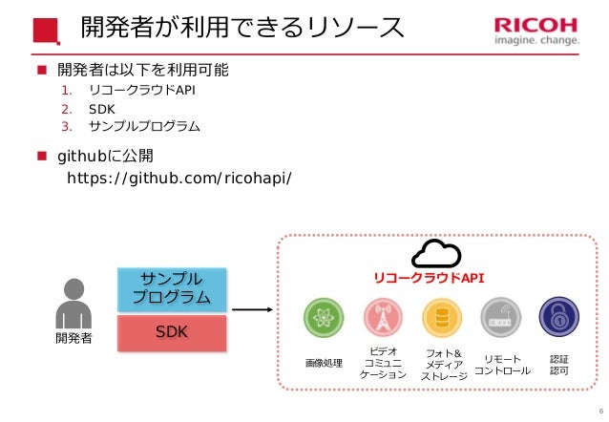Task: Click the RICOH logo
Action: click(535, 32)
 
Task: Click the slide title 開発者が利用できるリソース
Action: click(241, 30)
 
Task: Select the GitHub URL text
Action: click(178, 178)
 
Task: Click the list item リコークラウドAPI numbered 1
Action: click(141, 92)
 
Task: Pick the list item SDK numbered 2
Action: click(100, 109)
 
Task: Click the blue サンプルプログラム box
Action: click(172, 288)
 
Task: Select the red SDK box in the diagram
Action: click(172, 331)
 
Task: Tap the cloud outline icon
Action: click(435, 254)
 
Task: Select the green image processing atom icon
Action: click(323, 318)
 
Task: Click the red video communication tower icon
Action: click(383, 318)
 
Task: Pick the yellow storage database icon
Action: click(442, 318)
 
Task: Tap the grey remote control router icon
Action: click(500, 318)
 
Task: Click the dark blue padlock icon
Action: click(558, 318)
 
